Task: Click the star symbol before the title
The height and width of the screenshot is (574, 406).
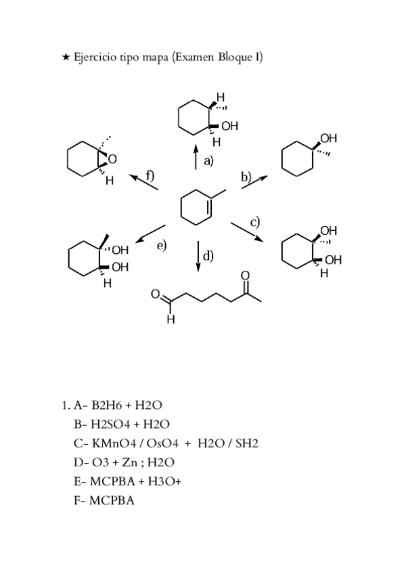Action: tap(65, 57)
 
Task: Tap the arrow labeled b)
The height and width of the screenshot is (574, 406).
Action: tap(254, 181)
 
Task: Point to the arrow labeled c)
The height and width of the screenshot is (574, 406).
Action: tap(247, 231)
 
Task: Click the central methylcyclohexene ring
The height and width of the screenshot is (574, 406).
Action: tap(197, 206)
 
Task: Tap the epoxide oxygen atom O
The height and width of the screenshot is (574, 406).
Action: tap(113, 159)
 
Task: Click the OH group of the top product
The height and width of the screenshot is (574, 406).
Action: tap(229, 126)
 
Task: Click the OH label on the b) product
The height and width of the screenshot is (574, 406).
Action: tap(328, 139)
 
